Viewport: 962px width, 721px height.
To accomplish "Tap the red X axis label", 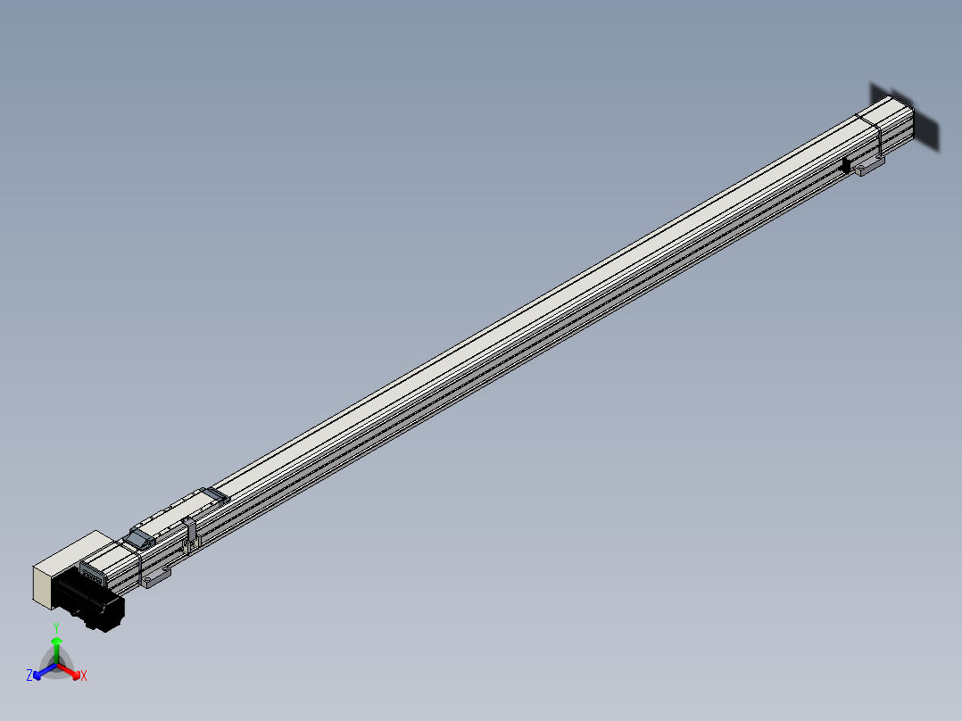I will [x=83, y=675].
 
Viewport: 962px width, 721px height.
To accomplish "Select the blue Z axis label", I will [x=29, y=675].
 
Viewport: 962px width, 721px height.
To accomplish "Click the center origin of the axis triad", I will [x=56, y=665].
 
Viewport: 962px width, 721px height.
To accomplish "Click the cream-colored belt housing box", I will [x=62, y=567].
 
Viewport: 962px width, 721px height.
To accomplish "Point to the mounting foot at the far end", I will [x=868, y=166].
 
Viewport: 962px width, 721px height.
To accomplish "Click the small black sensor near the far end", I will [x=845, y=166].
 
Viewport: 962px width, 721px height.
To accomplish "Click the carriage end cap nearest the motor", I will [x=138, y=537].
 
